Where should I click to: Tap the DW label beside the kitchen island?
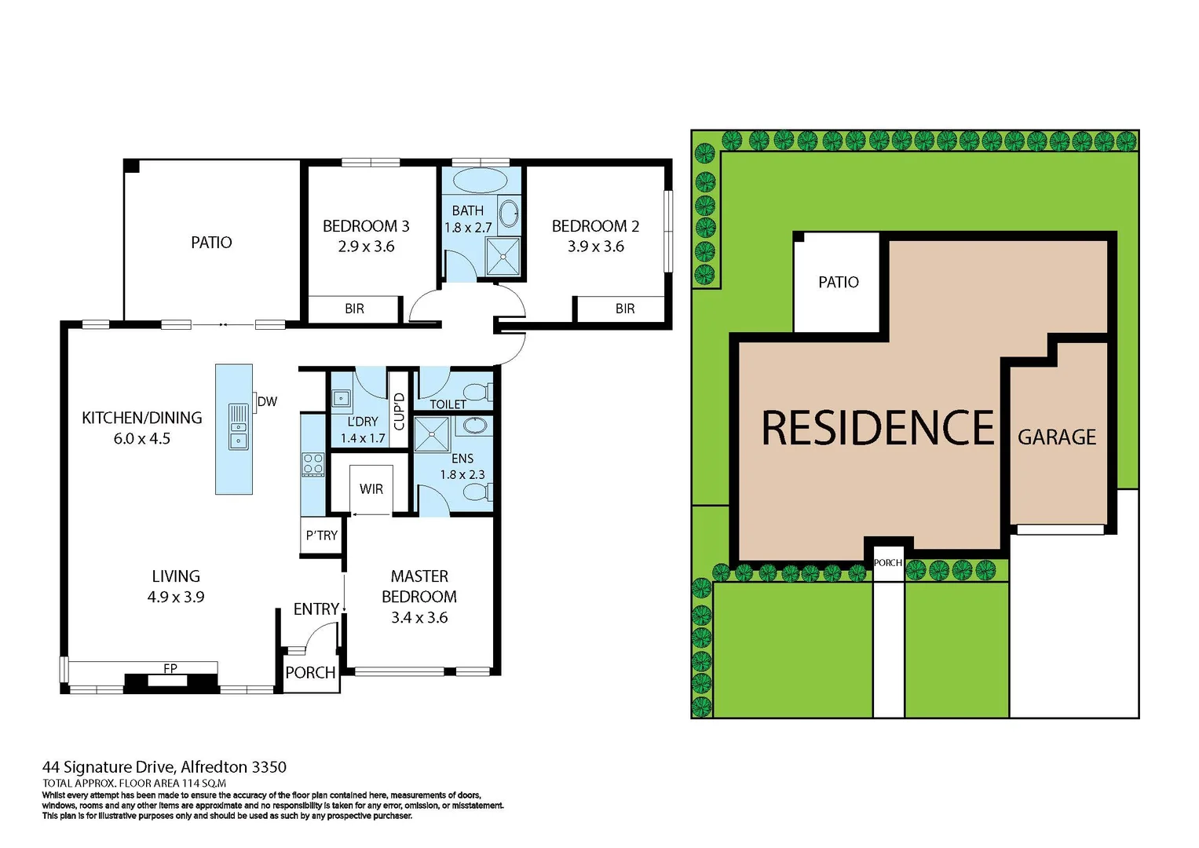pyautogui.click(x=267, y=401)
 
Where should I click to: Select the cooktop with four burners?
pyautogui.click(x=313, y=464)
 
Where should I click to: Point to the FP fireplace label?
pyautogui.click(x=170, y=668)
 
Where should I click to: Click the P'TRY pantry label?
pyautogui.click(x=322, y=535)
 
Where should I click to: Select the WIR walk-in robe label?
pyautogui.click(x=371, y=489)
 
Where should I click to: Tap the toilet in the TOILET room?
pyautogui.click(x=476, y=391)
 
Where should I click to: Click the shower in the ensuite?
pyautogui.click(x=431, y=434)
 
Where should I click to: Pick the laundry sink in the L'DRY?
pyautogui.click(x=341, y=399)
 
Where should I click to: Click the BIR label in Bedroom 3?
pyautogui.click(x=354, y=309)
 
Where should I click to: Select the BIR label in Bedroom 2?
pyautogui.click(x=625, y=309)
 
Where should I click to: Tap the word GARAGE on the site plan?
pyautogui.click(x=1057, y=437)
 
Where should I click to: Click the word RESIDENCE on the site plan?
pyautogui.click(x=878, y=429)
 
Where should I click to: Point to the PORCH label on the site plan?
pyautogui.click(x=888, y=563)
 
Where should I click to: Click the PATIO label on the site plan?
pyautogui.click(x=838, y=282)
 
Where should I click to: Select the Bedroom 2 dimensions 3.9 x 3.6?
pyautogui.click(x=596, y=247)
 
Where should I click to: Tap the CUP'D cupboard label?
pyautogui.click(x=399, y=411)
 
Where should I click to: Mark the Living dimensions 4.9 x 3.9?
pyautogui.click(x=176, y=597)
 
